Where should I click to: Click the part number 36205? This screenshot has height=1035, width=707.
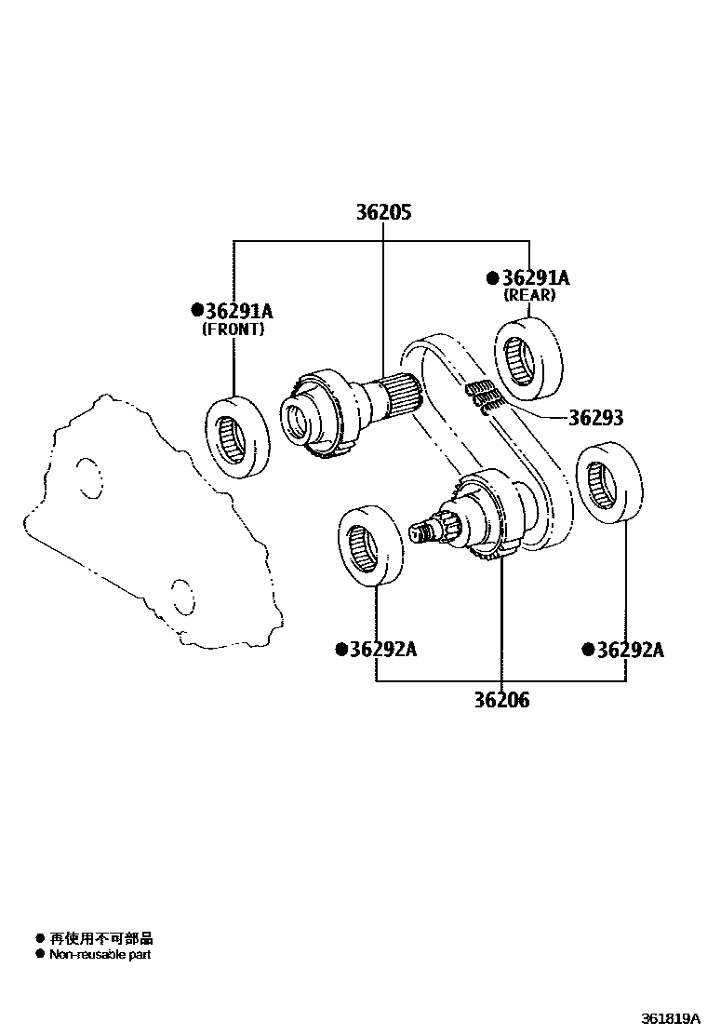pos(383,212)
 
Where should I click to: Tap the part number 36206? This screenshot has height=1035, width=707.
pos(501,700)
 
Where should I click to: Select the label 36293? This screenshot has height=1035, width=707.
pos(596,418)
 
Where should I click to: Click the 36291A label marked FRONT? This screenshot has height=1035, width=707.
pos(238,311)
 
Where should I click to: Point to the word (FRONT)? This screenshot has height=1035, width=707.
pos(233,329)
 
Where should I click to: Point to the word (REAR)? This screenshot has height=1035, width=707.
pos(529,295)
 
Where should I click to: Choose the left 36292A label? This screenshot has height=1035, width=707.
pos(382,649)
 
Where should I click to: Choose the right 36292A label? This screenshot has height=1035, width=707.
pos(630,650)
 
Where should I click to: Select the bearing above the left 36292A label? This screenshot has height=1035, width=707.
pos(369,547)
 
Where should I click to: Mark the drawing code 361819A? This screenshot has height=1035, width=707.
pos(669,1018)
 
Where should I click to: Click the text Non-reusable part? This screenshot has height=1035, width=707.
pos(100,954)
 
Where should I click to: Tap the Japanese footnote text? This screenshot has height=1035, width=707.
pos(100,938)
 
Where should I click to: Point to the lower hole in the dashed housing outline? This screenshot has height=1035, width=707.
pos(181,595)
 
